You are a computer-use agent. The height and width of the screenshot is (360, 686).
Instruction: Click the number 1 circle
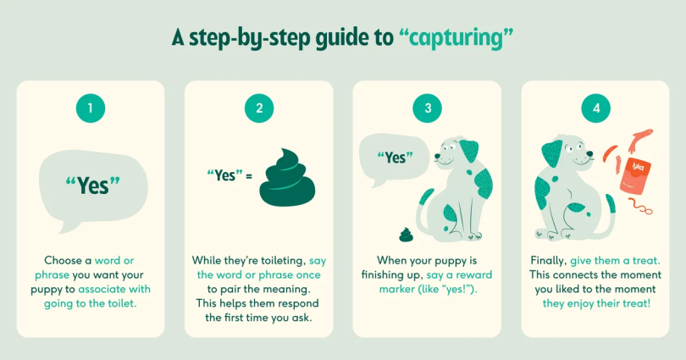[x=91, y=108]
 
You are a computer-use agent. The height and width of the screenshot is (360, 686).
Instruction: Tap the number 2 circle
[x=259, y=108]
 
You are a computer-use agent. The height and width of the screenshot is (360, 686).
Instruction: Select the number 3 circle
[x=428, y=108]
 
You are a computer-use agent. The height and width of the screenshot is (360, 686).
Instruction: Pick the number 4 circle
[x=596, y=108]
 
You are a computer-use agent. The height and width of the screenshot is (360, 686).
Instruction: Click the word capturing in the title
[x=456, y=38]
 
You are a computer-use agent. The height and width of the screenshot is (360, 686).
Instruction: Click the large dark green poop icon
[x=287, y=178]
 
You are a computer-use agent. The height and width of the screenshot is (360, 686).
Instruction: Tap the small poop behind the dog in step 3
[x=406, y=235]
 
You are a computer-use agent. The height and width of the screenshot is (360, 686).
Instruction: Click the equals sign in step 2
[x=249, y=177]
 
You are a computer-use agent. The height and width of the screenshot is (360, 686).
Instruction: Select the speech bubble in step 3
[x=394, y=158]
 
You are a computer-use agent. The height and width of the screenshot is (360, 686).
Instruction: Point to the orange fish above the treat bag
[x=639, y=139]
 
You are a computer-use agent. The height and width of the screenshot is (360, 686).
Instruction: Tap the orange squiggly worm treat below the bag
[x=640, y=206]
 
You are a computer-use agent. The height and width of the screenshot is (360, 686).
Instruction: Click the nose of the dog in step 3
[x=438, y=155]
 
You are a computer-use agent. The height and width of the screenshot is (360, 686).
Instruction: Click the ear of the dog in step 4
[x=552, y=153]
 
